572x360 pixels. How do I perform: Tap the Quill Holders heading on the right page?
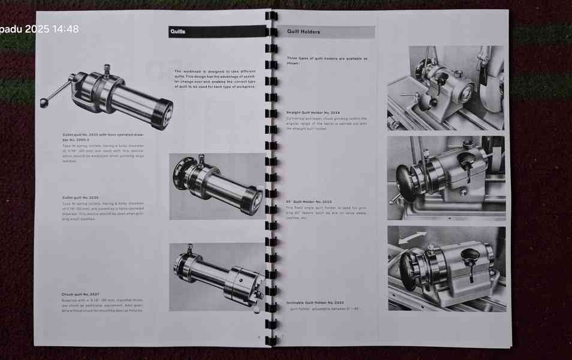(x=303, y=32)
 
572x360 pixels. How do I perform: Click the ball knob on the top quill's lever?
(x=43, y=102)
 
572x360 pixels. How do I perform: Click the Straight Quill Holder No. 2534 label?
(x=313, y=112)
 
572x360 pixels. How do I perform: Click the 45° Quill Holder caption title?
(x=309, y=202)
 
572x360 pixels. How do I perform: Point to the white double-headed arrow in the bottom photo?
(x=413, y=237)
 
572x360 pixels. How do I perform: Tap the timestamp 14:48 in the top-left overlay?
(x=65, y=29)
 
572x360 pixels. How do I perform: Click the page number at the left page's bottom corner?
(x=259, y=337)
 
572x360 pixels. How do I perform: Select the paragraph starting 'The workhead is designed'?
(x=215, y=79)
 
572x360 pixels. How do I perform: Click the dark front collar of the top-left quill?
(x=162, y=114)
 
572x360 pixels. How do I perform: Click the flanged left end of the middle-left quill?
(x=179, y=173)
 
